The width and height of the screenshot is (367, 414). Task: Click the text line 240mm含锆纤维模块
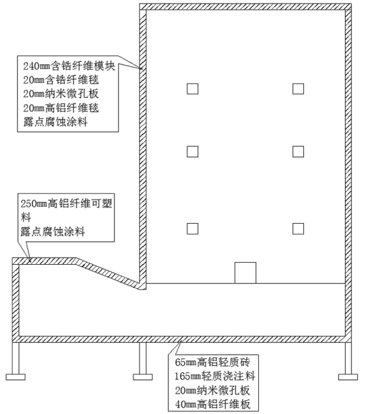[69, 66]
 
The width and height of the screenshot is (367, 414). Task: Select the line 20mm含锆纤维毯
[61, 80]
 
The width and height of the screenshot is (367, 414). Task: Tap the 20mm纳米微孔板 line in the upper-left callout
[61, 94]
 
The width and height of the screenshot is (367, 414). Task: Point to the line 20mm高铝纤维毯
[61, 108]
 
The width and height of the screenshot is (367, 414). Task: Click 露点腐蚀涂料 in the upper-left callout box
[55, 122]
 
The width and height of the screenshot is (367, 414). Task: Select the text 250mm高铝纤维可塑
[66, 203]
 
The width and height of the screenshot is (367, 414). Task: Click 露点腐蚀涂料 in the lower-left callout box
[53, 232]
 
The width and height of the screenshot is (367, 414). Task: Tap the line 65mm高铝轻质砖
[212, 362]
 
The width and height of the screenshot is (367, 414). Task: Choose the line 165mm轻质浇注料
[215, 376]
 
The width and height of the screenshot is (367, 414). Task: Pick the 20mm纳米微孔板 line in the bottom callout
[212, 391]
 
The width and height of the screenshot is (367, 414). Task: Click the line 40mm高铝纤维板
[212, 404]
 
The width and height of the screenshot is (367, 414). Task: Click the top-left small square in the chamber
[193, 89]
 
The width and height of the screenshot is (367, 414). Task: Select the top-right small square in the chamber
[298, 89]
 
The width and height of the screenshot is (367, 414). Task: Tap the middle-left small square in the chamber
[193, 152]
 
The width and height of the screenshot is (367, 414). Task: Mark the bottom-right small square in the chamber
[298, 229]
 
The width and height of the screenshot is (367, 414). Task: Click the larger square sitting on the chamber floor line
[245, 273]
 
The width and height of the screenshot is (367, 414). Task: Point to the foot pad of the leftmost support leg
[16, 377]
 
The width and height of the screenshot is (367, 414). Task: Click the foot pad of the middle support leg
[143, 377]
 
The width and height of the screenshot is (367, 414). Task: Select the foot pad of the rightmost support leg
[348, 377]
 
